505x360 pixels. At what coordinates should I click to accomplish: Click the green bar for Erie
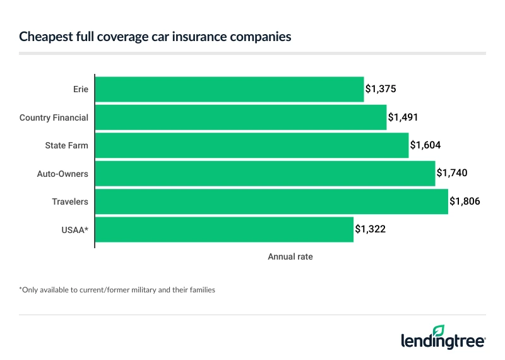(x=230, y=90)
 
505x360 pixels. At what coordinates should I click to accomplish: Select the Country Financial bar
(x=241, y=117)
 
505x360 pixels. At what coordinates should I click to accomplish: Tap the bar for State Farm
(x=252, y=145)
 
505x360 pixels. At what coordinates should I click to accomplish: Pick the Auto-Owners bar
(x=265, y=173)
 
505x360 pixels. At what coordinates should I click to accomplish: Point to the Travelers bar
(x=271, y=201)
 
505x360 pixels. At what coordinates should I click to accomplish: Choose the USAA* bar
(x=224, y=229)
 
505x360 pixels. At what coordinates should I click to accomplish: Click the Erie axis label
(x=80, y=90)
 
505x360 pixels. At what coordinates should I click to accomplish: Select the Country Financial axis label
(x=54, y=117)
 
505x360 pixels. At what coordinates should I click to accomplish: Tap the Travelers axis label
(x=70, y=201)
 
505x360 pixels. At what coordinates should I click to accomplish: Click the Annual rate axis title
(x=290, y=257)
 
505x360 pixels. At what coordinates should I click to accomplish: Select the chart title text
(x=155, y=37)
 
